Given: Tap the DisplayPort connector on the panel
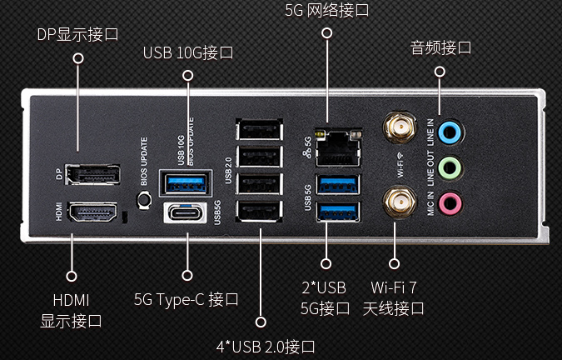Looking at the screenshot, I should tap(94, 175).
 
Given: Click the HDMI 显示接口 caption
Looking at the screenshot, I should tap(71, 309).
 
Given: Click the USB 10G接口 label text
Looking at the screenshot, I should tap(187, 52).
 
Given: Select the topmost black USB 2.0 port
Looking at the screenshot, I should tap(260, 131).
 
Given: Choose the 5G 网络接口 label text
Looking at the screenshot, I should tap(326, 11).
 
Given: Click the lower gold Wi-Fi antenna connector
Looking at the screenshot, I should tap(400, 201).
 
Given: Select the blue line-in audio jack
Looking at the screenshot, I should tap(450, 132).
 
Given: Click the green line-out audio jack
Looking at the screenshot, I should tap(450, 167).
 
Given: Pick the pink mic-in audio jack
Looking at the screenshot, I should tap(450, 202).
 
